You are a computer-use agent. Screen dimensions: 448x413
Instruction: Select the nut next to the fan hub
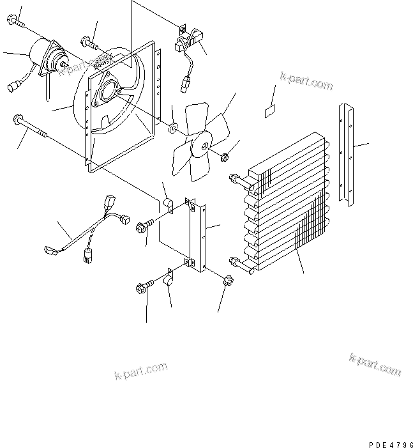(225, 157)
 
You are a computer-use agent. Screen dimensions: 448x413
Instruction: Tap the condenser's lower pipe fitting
(234, 261)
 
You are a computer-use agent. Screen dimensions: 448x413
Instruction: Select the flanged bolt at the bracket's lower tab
(142, 288)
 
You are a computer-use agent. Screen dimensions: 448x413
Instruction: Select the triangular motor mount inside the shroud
(107, 90)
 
